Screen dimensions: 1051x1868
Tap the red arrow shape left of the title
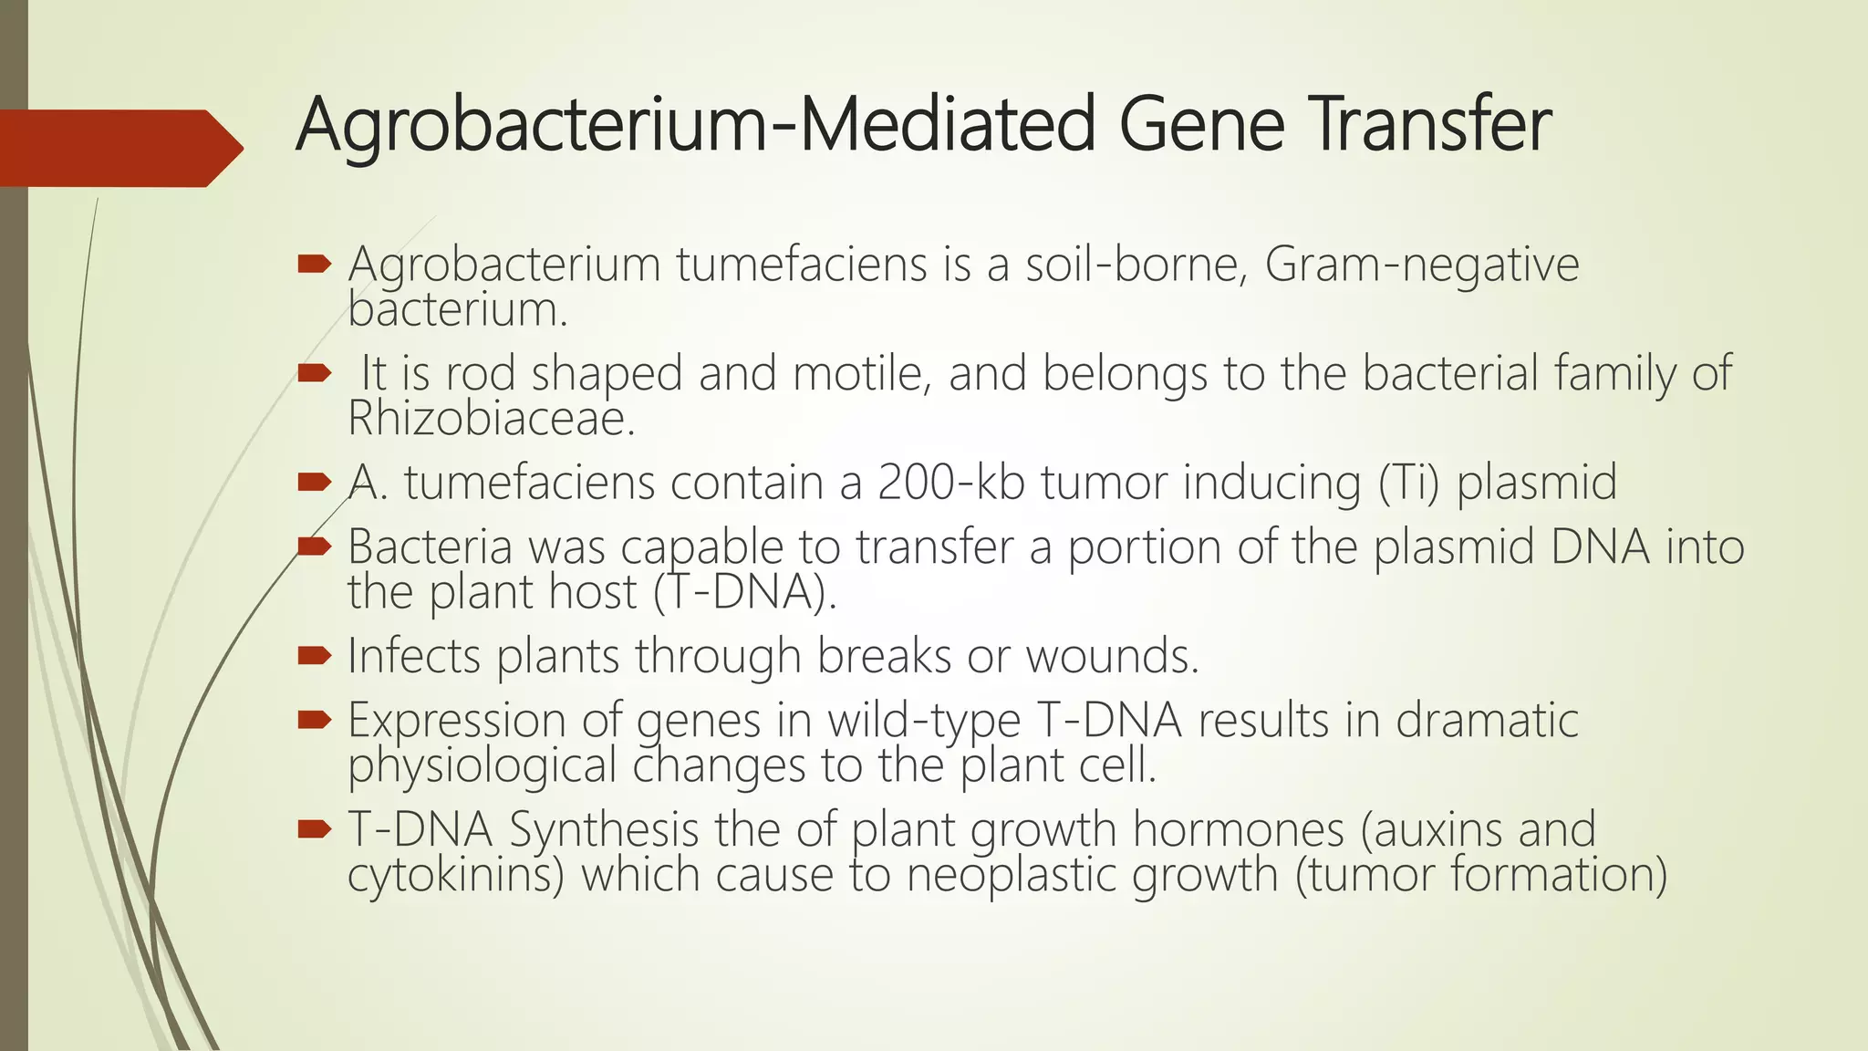point(119,148)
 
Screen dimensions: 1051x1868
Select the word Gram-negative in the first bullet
point(1421,265)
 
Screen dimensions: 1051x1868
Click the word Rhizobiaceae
point(490,419)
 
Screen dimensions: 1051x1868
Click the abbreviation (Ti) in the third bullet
point(1408,483)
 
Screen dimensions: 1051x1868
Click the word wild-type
point(924,721)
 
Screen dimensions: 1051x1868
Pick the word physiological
point(483,765)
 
